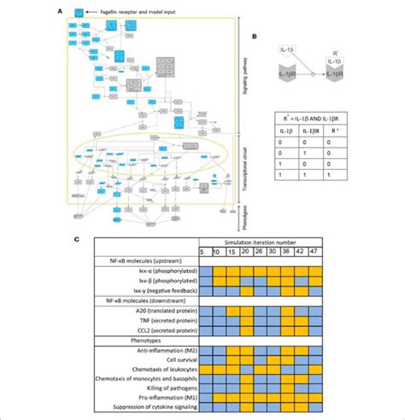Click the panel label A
(57, 12)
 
